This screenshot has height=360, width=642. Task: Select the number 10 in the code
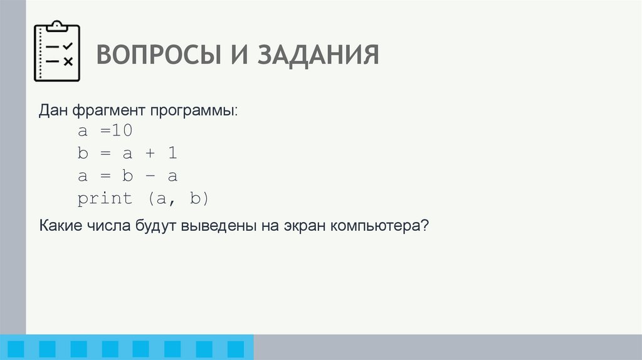[124, 131]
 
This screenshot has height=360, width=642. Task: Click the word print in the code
[105, 199]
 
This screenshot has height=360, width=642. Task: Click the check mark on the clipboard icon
[68, 46]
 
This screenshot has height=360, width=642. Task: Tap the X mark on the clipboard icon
[68, 61]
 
